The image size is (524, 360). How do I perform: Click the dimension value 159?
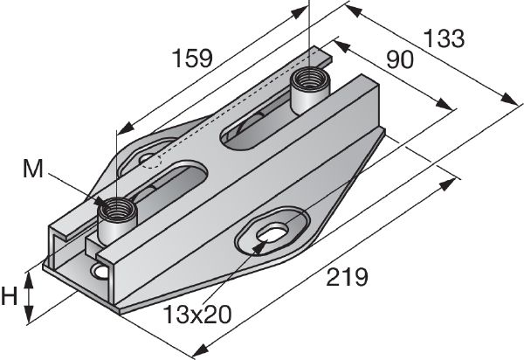(192, 59)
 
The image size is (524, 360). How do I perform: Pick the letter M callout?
(32, 169)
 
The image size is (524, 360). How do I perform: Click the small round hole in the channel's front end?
(101, 273)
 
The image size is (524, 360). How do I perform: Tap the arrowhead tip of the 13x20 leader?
(259, 244)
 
